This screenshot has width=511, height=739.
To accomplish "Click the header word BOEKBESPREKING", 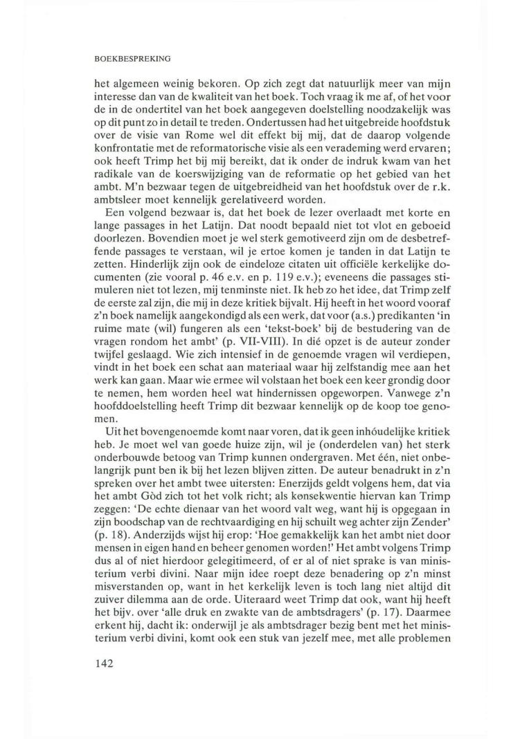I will click(x=132, y=58).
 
